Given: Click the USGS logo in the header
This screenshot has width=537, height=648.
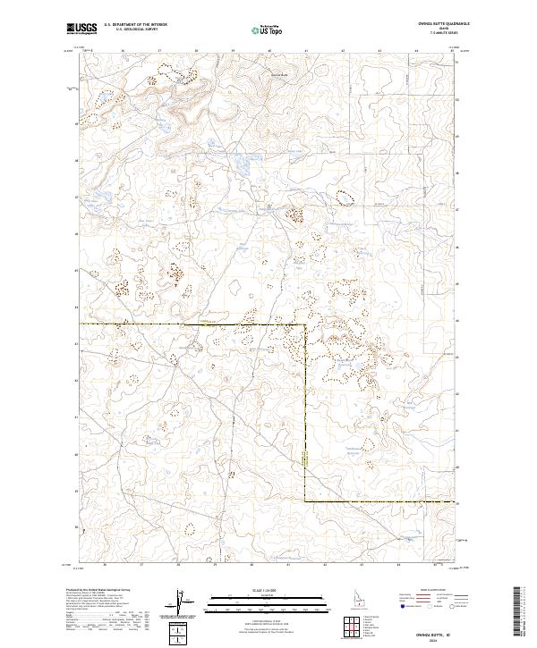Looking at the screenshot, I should (x=82, y=29).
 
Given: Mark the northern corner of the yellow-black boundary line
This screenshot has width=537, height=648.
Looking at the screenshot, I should (x=305, y=324).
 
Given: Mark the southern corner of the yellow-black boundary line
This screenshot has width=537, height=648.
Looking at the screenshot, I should (x=305, y=501).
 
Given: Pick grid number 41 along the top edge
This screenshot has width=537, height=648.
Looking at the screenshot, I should (x=305, y=51).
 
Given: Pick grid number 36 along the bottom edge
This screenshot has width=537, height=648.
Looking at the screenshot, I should (x=106, y=565).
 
